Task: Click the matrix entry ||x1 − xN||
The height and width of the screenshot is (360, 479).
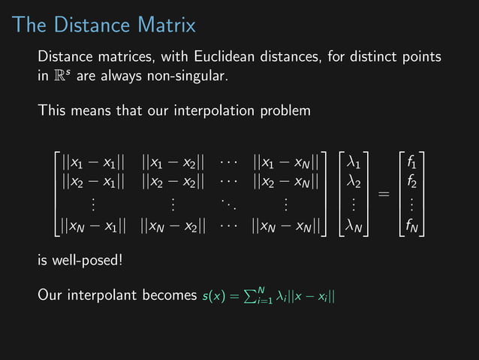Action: pyautogui.click(x=288, y=162)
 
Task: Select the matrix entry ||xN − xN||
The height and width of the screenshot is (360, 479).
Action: pyautogui.click(x=288, y=225)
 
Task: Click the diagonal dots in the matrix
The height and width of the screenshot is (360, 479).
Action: pyautogui.click(x=229, y=204)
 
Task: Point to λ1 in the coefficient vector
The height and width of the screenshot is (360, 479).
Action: pyautogui.click(x=355, y=162)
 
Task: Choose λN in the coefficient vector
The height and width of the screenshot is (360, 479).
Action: pyautogui.click(x=355, y=225)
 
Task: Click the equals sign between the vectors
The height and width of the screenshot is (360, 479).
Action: pyautogui.click(x=383, y=194)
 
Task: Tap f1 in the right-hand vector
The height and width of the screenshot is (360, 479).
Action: pyautogui.click(x=412, y=162)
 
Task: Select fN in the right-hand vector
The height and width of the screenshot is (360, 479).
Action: pyautogui.click(x=412, y=225)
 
